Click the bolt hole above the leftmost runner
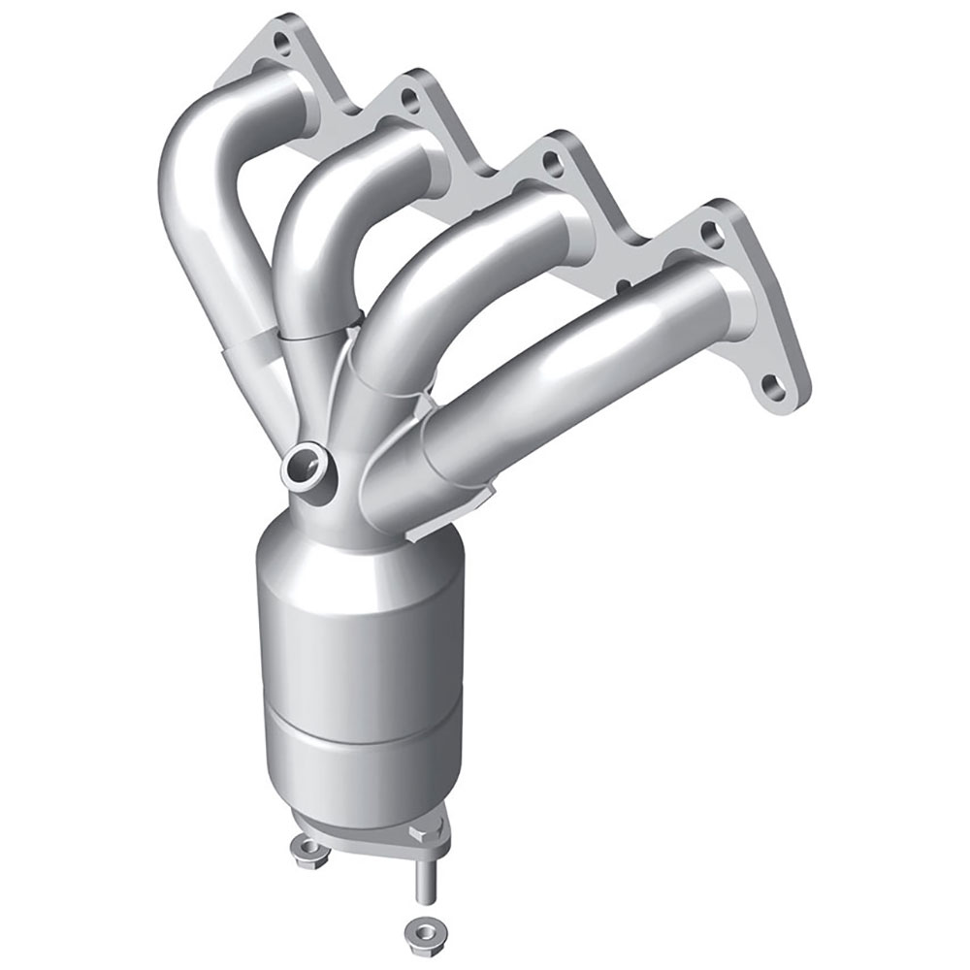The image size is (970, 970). pyautogui.click(x=281, y=43)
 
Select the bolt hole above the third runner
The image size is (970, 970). pyautogui.click(x=553, y=163)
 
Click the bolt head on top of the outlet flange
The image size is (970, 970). pyautogui.click(x=419, y=832)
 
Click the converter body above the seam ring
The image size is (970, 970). pyautogui.click(x=359, y=630)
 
